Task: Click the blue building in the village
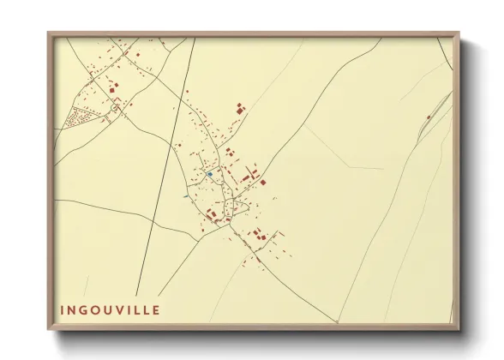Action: tap(209, 174)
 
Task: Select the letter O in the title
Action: tap(98, 309)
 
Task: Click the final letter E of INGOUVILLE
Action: tap(156, 309)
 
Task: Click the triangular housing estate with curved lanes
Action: tap(82, 117)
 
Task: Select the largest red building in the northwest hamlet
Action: tap(112, 87)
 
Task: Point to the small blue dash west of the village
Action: tap(184, 195)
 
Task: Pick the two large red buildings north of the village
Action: tap(239, 109)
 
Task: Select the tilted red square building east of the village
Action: tap(263, 182)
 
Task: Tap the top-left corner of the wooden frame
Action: tap(49, 33)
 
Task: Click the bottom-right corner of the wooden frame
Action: tap(460, 328)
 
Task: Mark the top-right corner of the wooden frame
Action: tap(459, 33)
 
